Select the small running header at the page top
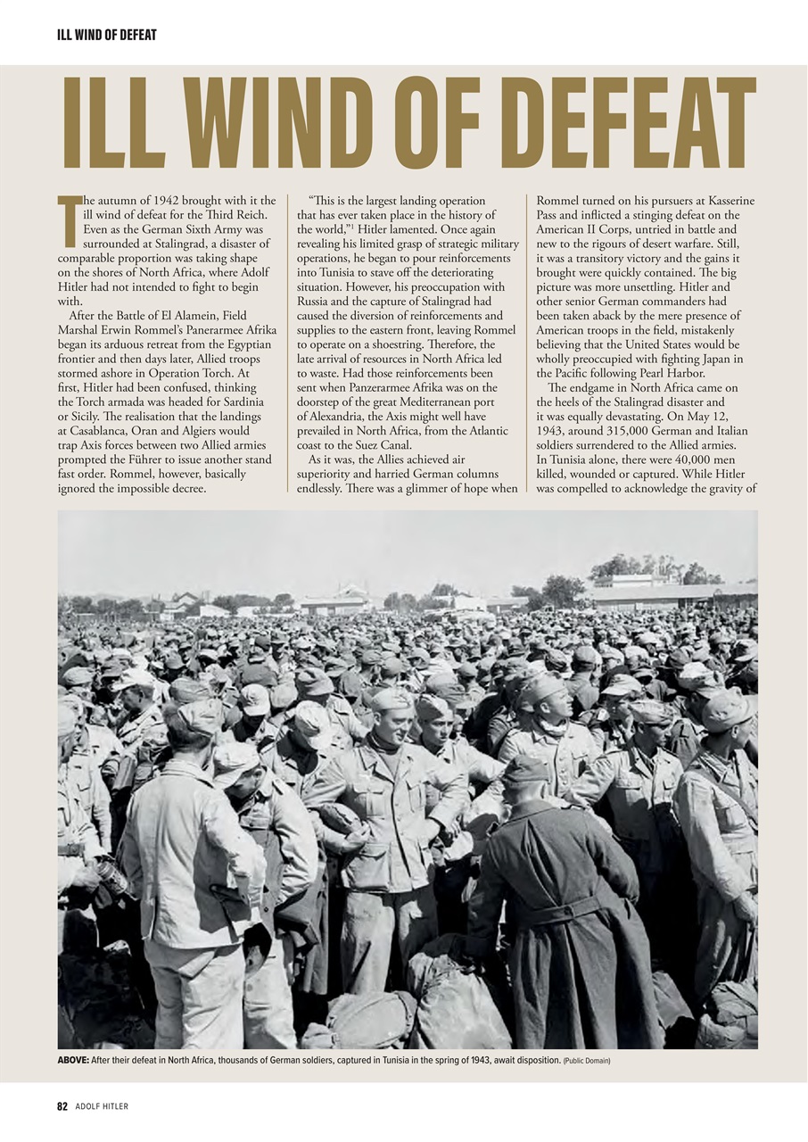106,35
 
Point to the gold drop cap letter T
70,219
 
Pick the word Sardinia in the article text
241,401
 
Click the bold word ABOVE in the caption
73,1060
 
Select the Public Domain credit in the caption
587,1061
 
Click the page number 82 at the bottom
62,1106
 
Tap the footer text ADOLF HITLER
102,1106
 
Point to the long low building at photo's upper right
669,593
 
